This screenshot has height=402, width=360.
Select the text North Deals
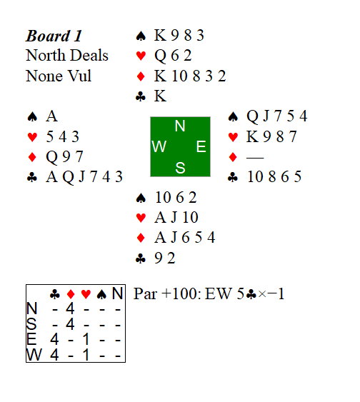tap(67, 56)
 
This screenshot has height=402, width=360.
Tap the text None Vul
tap(59, 76)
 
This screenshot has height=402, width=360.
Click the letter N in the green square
tap(180, 126)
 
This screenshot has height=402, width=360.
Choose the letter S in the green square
tap(180, 168)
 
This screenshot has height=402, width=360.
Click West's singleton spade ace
tap(51, 116)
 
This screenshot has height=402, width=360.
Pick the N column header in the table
tap(118, 293)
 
